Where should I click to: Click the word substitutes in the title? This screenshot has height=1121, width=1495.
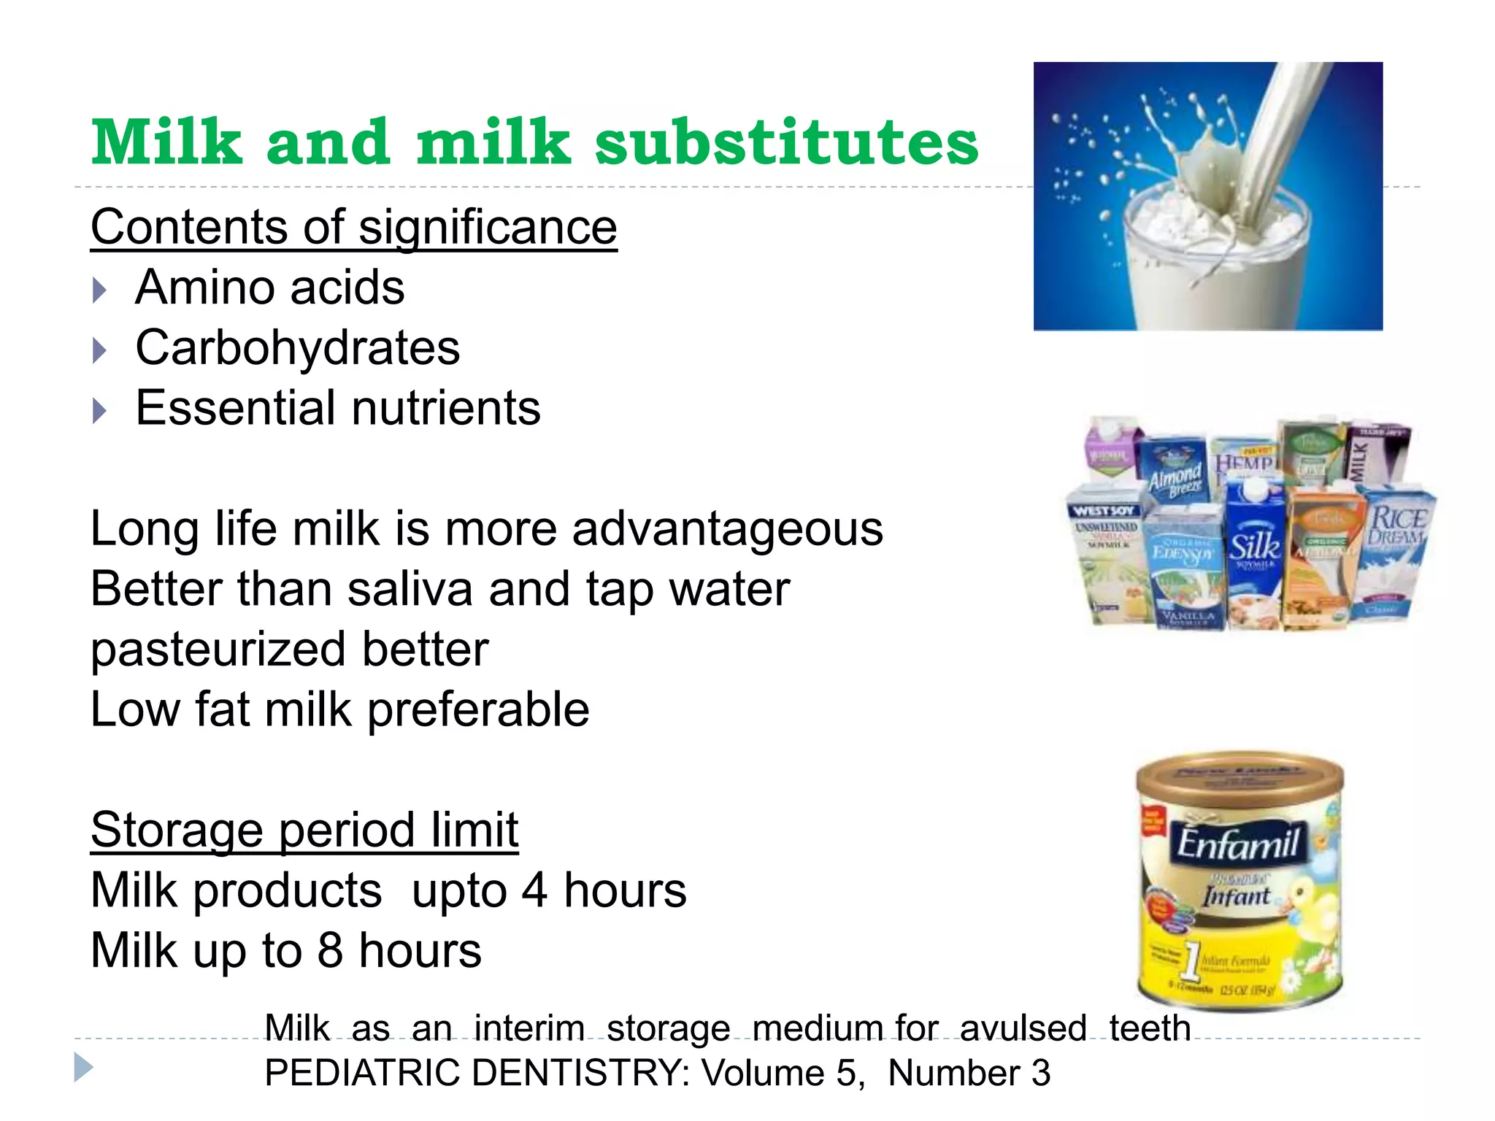pyautogui.click(x=786, y=142)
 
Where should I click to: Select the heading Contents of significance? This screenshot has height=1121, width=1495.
pyautogui.click(x=353, y=227)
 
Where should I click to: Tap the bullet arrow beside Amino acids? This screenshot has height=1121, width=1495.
pyautogui.click(x=100, y=290)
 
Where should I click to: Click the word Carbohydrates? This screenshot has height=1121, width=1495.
pyautogui.click(x=298, y=347)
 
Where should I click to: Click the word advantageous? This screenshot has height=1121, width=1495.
pyautogui.click(x=727, y=529)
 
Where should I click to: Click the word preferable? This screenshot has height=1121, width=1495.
pyautogui.click(x=478, y=709)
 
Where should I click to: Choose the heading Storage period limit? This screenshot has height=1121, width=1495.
pyautogui.click(x=304, y=830)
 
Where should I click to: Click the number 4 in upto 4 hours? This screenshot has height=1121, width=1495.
pyautogui.click(x=534, y=890)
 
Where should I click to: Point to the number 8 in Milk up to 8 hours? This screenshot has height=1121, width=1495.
pyautogui.click(x=330, y=951)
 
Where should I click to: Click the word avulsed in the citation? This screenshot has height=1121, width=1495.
pyautogui.click(x=1023, y=1028)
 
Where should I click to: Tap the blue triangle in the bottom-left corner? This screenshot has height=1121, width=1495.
pyautogui.click(x=83, y=1068)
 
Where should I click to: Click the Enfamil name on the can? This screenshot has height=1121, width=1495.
pyautogui.click(x=1237, y=845)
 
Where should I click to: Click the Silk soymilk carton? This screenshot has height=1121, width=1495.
pyautogui.click(x=1254, y=555)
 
